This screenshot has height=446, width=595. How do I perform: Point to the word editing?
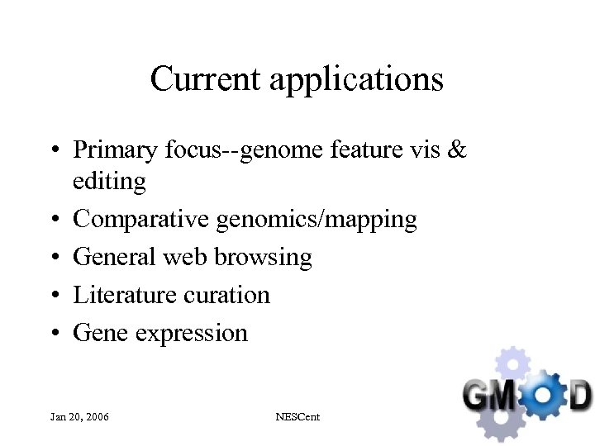109,182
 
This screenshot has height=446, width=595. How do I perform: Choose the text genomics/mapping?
317,220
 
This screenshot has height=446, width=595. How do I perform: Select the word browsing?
263,258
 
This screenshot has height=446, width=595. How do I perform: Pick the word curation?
230,295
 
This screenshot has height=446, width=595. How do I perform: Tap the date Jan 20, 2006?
79,417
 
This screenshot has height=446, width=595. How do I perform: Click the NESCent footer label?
297,417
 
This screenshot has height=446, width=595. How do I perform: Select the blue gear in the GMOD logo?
538,395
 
